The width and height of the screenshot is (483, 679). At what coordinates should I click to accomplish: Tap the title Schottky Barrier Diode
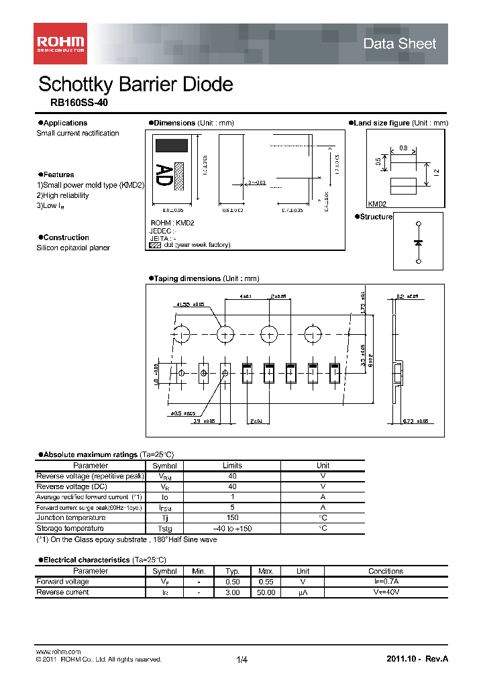click(x=136, y=84)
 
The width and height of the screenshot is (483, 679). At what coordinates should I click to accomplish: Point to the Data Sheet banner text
click(x=399, y=44)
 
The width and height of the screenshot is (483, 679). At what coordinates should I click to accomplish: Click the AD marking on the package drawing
click(x=163, y=175)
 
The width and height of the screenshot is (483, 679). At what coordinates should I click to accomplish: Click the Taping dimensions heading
click(x=186, y=278)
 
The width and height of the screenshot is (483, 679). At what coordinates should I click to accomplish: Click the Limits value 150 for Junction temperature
click(x=232, y=518)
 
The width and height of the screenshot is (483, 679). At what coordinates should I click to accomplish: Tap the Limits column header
click(x=232, y=466)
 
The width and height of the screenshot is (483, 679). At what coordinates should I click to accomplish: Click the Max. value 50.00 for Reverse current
click(x=266, y=592)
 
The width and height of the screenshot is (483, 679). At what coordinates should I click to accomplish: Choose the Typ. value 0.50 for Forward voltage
click(x=232, y=582)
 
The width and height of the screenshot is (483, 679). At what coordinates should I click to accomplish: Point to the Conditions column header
click(x=386, y=571)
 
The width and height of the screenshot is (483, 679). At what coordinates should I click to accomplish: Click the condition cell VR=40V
click(x=386, y=592)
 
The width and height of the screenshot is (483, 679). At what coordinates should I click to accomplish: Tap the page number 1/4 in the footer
click(x=242, y=660)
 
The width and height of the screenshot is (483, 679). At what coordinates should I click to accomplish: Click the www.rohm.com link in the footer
click(x=58, y=651)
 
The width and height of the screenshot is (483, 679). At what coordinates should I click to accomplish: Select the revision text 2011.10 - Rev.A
click(x=417, y=659)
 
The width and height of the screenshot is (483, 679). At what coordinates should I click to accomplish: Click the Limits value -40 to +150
click(x=232, y=529)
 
